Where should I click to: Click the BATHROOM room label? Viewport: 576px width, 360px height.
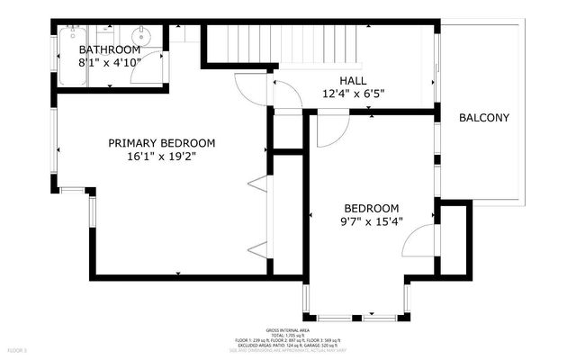[x=109, y=49]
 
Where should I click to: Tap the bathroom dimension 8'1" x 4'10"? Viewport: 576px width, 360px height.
[x=109, y=63]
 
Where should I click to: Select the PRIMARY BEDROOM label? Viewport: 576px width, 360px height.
[x=162, y=143]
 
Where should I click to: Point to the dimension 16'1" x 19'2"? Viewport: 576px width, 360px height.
[x=162, y=157]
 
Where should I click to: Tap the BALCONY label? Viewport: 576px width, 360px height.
[x=484, y=118]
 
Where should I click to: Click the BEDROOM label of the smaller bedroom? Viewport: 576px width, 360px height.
[x=371, y=207]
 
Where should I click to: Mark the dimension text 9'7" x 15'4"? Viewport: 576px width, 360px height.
[x=371, y=220]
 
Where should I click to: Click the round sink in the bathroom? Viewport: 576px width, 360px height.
[x=136, y=37]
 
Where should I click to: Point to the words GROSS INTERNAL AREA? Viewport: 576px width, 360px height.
[x=287, y=330]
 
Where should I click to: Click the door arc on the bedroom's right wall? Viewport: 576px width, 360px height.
[x=418, y=241]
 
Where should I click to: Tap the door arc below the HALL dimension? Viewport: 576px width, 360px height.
[x=328, y=128]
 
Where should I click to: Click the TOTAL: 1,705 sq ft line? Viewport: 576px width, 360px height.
[x=287, y=336]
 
